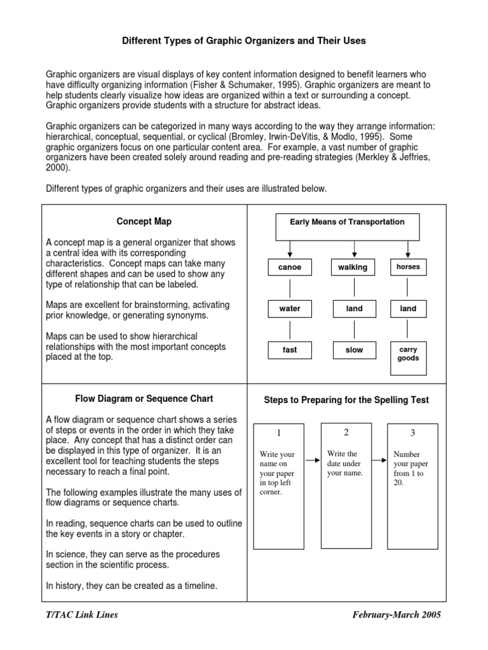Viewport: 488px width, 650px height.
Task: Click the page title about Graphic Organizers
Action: [244, 41]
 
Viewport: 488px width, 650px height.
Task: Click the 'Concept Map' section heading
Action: [144, 222]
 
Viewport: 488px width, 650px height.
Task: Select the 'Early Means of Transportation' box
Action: [347, 222]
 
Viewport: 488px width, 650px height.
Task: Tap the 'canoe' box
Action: [290, 267]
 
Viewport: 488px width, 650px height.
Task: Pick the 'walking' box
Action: [353, 267]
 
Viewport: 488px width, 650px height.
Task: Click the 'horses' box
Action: [408, 267]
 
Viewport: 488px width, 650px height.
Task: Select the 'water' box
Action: [290, 308]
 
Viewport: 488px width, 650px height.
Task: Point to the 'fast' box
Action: [290, 350]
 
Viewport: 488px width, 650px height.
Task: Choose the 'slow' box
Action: [354, 350]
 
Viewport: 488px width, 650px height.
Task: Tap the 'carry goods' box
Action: [408, 354]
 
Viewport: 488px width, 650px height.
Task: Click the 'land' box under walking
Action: [354, 308]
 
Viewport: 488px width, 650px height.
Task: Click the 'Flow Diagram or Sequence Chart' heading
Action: [144, 399]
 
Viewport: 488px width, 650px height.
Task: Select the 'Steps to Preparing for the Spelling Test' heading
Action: [346, 400]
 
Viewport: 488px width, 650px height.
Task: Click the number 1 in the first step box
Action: [278, 433]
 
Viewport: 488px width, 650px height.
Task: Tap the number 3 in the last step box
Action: [412, 433]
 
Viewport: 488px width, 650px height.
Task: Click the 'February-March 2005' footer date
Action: [396, 614]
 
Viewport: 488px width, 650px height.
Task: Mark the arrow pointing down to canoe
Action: [290, 249]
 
